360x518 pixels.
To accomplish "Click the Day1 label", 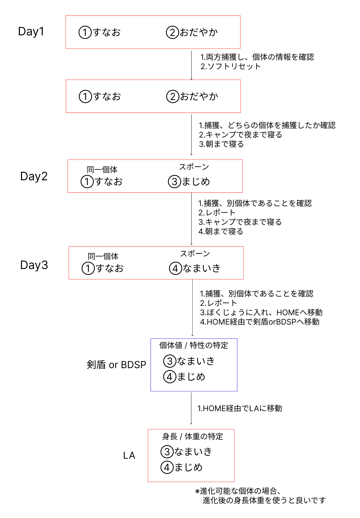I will [x=31, y=32].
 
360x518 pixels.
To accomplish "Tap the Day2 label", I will [x=34, y=176].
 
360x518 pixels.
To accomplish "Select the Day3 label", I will [x=34, y=265].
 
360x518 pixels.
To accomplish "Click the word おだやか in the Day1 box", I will [x=198, y=32].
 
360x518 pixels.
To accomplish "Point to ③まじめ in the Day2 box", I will [x=189, y=181].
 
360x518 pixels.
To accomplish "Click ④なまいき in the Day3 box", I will [x=195, y=268].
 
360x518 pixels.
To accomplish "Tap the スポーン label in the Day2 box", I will [x=194, y=167].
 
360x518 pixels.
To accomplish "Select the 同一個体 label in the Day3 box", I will [x=103, y=256].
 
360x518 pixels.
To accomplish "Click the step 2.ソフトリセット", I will [x=230, y=66].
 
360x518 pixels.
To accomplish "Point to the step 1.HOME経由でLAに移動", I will [x=240, y=409].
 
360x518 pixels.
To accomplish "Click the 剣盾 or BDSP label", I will [x=116, y=365].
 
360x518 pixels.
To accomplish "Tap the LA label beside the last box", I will [x=129, y=455].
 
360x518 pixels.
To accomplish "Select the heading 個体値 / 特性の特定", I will [x=193, y=345].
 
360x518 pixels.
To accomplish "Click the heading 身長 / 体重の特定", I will [x=193, y=436].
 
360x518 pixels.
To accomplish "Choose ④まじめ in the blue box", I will [x=184, y=377].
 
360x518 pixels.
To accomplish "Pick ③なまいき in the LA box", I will [x=186, y=452].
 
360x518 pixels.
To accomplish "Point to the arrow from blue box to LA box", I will [x=191, y=409].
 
